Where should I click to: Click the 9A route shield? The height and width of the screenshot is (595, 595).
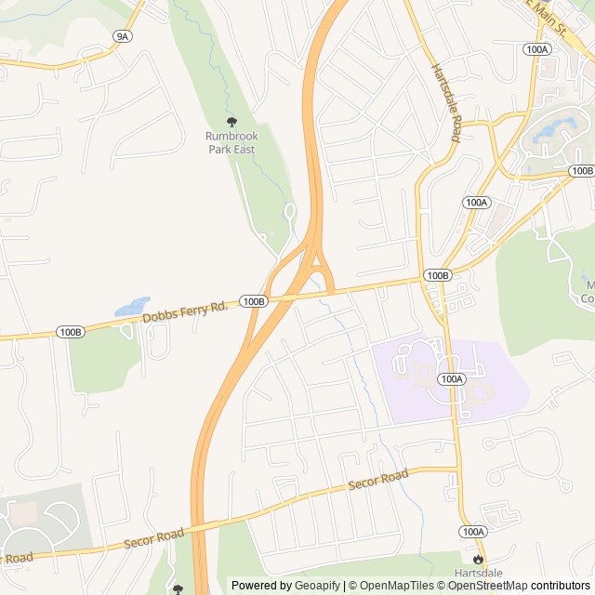pos(122,36)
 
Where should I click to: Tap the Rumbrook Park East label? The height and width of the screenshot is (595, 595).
pos(231,142)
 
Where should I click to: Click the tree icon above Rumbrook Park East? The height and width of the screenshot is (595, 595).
pos(231,121)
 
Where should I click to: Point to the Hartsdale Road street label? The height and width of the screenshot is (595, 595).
pos(445,102)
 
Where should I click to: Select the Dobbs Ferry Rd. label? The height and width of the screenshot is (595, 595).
pos(186,312)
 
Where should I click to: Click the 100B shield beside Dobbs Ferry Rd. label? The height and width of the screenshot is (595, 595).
pos(253,301)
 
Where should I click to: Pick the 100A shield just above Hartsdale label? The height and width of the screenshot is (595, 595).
pos(473,531)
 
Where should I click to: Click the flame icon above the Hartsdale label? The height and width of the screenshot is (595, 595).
pos(478,559)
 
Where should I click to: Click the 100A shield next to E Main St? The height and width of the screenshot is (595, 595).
pos(537,48)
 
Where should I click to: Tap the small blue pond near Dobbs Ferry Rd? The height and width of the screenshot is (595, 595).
pos(131,307)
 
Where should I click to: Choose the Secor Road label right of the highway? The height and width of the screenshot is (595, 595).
pos(377,481)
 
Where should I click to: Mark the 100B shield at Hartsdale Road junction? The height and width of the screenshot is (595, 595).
pos(438,275)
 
